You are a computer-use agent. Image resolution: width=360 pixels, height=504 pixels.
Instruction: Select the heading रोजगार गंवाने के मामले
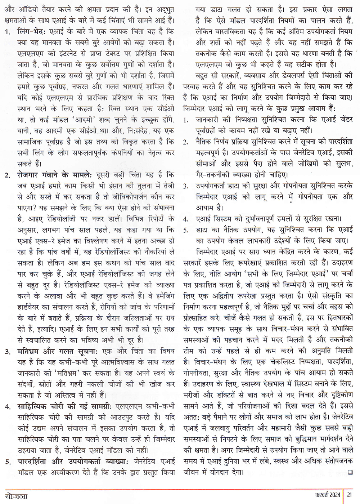54,175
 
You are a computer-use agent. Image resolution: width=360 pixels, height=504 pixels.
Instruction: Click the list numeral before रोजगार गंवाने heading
7,176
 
